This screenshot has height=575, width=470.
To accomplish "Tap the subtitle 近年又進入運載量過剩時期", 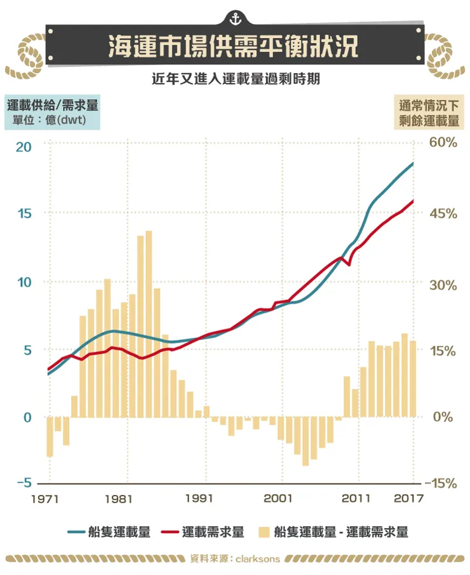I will click(x=234, y=80).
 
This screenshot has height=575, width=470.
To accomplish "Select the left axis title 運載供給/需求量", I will click(x=52, y=104).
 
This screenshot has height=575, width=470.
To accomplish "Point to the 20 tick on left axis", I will click(x=23, y=145).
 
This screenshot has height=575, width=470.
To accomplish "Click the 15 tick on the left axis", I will click(x=23, y=213).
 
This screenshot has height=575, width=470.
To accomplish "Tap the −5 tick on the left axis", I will click(x=23, y=483).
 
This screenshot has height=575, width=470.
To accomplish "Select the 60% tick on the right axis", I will click(x=443, y=142).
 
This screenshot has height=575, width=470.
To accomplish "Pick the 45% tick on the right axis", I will click(x=443, y=213).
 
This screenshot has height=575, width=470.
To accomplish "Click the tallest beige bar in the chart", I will click(x=149, y=324).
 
